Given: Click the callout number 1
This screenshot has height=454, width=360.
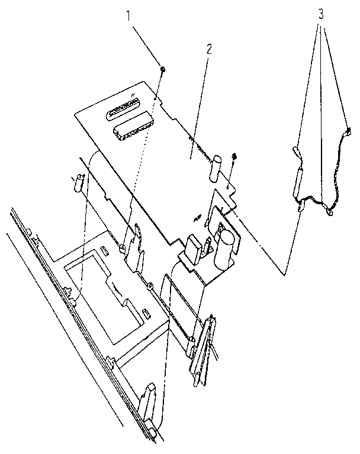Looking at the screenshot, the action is (x=128, y=16).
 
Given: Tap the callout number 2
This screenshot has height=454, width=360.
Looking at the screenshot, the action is (x=209, y=49).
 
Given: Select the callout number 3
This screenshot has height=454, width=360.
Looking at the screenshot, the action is (x=320, y=14).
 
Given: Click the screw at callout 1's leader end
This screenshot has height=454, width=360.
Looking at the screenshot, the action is (x=163, y=69).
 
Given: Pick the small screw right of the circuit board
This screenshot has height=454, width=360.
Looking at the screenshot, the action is (x=234, y=156).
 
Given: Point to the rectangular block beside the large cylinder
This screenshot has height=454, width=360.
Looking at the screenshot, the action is (x=194, y=250).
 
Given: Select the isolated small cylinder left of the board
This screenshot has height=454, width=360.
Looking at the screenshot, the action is (x=79, y=182).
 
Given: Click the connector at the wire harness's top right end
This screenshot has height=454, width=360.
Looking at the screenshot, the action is (x=348, y=131).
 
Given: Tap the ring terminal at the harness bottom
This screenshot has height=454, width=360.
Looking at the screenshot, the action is (x=330, y=212).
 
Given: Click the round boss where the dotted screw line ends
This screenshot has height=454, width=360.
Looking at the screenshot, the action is (x=122, y=247).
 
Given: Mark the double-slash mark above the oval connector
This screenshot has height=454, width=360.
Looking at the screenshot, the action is (x=133, y=94).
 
